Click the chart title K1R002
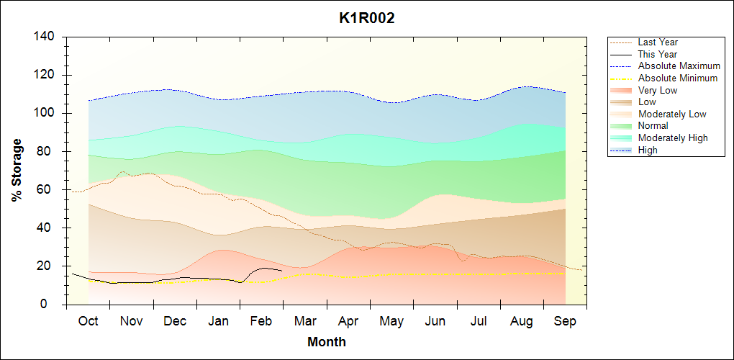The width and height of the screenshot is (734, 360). click(366, 19)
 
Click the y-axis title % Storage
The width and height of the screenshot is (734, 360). click(17, 170)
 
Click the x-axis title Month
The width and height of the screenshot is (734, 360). click(326, 342)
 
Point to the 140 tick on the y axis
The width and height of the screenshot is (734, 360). click(47, 37)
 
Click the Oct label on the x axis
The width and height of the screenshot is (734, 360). click(88, 321)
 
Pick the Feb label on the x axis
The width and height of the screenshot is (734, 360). click(262, 321)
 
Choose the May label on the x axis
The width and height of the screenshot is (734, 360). click(391, 321)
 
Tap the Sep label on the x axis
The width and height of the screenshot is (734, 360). click(565, 321)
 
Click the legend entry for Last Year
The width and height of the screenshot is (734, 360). click(658, 42)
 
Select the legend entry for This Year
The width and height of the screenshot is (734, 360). click(658, 54)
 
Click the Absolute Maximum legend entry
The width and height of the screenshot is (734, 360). click(679, 66)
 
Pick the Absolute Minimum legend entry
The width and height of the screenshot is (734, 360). click(678, 78)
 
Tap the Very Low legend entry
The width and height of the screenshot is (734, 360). click(658, 90)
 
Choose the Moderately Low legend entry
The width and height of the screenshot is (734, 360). click(672, 114)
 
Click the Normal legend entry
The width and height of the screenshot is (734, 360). click(653, 126)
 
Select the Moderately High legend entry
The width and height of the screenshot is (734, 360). click(673, 138)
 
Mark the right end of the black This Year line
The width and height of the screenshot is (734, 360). click(281, 270)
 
